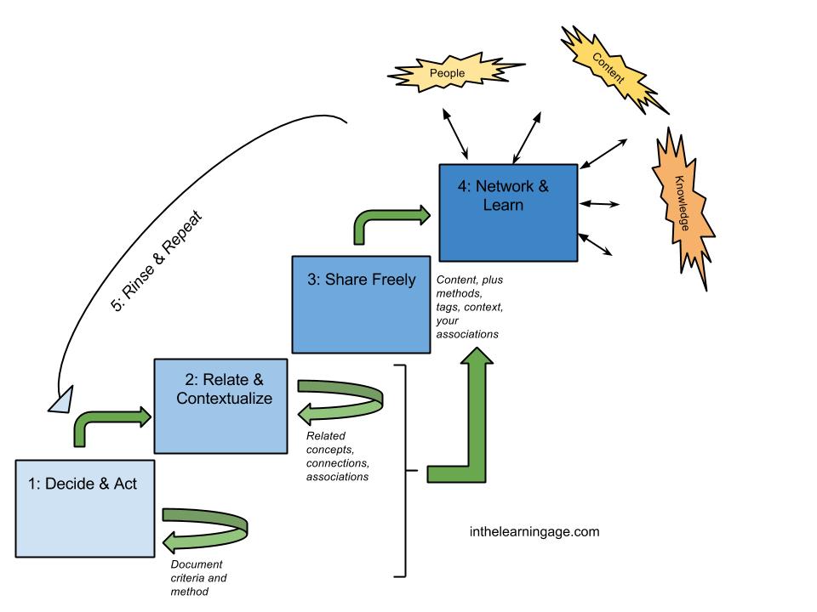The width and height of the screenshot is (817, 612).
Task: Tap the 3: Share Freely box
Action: [x=360, y=303]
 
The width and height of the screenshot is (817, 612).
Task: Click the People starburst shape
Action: [x=448, y=74]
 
